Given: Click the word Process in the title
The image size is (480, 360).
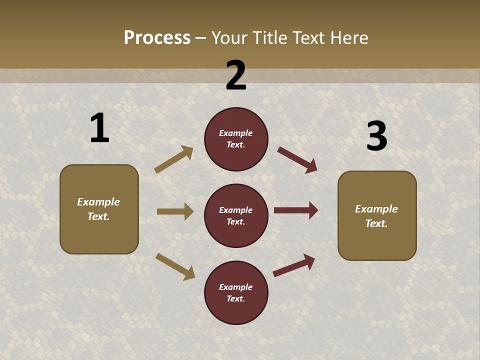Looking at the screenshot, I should (157, 37).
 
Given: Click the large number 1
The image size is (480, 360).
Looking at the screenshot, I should (99, 128).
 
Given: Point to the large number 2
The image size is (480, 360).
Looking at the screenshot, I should (236, 75).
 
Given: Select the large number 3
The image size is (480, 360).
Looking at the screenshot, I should (376, 136).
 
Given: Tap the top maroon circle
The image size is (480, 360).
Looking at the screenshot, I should (236, 139).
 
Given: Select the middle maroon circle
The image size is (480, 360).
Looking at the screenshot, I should (236, 215).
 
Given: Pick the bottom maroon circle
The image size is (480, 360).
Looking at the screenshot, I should (236, 292).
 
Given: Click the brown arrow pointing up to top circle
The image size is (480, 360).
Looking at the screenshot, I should (174, 159).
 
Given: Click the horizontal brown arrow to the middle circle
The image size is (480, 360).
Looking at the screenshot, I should (175, 211).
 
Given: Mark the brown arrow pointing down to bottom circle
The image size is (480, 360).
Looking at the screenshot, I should (175, 266).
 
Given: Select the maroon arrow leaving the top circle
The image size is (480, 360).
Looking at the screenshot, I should (297, 159).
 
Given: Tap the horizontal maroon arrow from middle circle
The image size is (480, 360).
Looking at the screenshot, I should (296, 210).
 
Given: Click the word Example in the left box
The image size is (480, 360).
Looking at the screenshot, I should (98, 202).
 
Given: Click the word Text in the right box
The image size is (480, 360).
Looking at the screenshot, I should (376, 223).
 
